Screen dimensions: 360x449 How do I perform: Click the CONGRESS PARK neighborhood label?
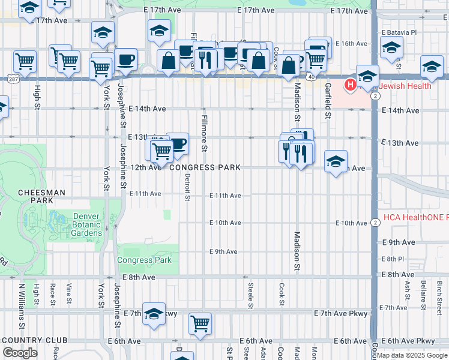(x=205, y=167)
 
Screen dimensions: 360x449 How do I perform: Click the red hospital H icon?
(x=349, y=86)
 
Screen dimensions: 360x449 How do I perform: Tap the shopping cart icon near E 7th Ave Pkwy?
(x=200, y=323)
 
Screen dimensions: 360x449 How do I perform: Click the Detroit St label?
(x=187, y=184)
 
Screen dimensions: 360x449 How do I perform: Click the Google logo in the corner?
(x=20, y=352)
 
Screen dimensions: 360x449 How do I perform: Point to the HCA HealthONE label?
(x=414, y=217)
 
